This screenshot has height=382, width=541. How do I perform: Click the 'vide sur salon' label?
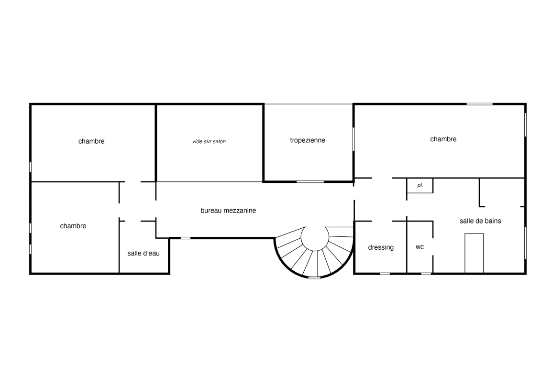[x=209, y=141]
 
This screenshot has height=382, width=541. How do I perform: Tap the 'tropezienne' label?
[x=308, y=140]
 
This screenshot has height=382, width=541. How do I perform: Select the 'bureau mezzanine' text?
[x=228, y=211]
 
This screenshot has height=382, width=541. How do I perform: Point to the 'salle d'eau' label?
[x=144, y=253]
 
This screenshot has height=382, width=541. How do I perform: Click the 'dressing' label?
[x=381, y=247]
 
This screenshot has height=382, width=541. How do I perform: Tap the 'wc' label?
[x=420, y=247]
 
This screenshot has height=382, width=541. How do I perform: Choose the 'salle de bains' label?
[x=480, y=221]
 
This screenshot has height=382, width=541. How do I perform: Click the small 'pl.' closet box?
[x=420, y=186]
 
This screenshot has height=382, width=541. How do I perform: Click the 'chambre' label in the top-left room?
[x=91, y=141]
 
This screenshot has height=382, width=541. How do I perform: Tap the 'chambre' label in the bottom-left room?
[x=73, y=226]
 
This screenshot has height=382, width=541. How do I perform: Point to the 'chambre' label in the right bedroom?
[x=443, y=139]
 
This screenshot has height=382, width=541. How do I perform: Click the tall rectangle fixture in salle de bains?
[x=474, y=253]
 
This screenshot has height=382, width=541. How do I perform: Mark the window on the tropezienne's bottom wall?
[x=310, y=181]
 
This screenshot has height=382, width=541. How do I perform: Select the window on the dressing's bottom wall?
[x=385, y=274]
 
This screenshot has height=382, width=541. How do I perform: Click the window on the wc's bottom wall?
[x=426, y=274]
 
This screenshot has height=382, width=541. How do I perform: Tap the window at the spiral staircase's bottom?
[x=314, y=277]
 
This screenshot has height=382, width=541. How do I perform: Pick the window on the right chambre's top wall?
[x=480, y=104]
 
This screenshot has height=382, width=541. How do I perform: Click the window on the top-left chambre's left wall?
[x=30, y=167]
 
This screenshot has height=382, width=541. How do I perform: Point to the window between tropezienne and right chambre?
[x=353, y=139]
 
